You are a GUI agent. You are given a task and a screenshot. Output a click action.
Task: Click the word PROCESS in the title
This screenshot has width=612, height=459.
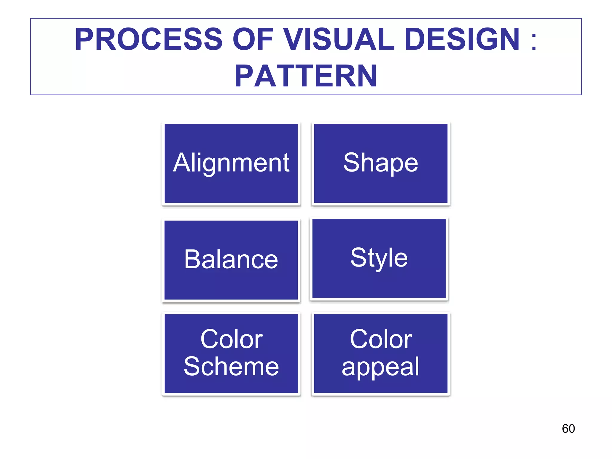tap(149, 39)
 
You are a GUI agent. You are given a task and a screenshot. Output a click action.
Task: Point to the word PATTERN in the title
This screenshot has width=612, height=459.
tap(306, 76)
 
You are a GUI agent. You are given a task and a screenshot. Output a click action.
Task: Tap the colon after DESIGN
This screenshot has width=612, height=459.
tap(534, 41)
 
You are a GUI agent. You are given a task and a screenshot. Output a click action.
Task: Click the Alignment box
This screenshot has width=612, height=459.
tap(231, 163)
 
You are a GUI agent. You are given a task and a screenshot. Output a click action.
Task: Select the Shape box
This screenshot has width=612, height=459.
tap(380, 163)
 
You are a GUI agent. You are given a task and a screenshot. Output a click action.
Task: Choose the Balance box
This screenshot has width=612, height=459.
tap(231, 260)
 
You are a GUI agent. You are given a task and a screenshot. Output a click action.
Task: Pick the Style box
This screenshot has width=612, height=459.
tap(379, 258)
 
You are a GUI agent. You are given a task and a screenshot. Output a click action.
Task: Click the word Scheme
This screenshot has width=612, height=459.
tap(231, 366)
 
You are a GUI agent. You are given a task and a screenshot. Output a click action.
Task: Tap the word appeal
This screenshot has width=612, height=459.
tap(380, 367)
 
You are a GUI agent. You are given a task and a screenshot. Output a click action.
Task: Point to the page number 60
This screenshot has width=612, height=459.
tap(568, 429)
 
